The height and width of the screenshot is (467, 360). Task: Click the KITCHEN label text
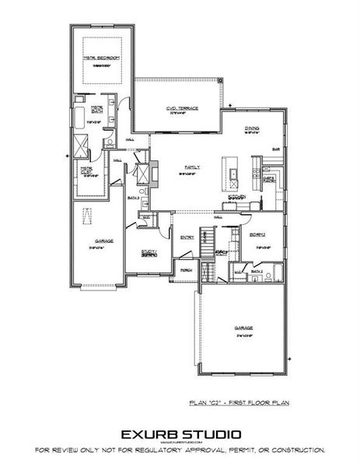(x=236, y=196)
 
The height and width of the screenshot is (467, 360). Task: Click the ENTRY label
(x=187, y=237)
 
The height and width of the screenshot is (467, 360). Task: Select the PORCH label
(x=186, y=270)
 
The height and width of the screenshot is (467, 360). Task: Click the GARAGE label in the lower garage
(x=243, y=328)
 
